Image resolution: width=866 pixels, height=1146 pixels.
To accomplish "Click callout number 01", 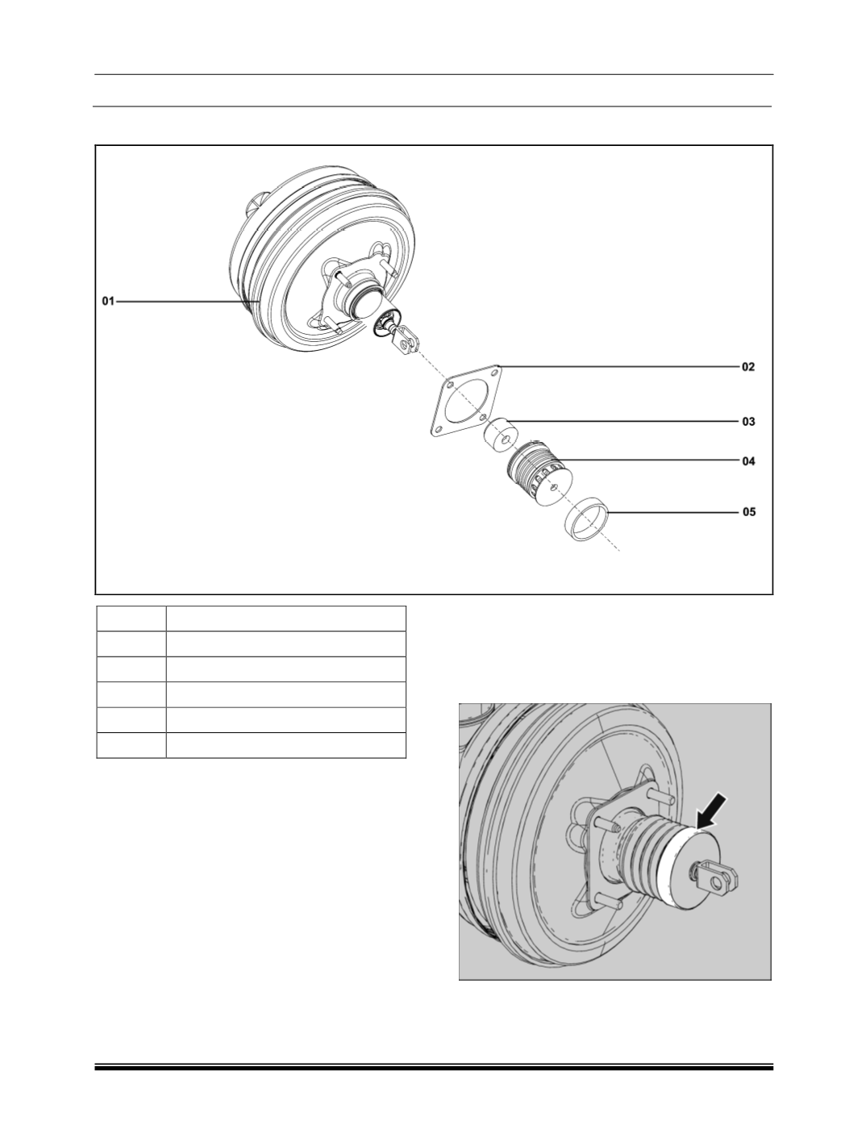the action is tap(108, 302).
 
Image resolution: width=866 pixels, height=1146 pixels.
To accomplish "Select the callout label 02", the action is tap(748, 367).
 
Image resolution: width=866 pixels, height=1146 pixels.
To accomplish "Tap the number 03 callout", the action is tap(748, 421).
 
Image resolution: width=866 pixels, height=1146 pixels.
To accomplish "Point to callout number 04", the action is tap(748, 461).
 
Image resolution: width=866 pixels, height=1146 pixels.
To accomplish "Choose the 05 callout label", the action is tap(748, 512).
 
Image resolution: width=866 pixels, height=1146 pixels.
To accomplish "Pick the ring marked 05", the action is tap(587, 519).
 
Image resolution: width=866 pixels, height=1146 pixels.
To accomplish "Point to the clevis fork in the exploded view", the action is tap(405, 340).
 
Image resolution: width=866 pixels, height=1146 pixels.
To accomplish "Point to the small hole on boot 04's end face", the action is tap(555, 486).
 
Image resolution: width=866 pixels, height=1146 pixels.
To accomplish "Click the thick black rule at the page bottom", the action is tap(433, 1069).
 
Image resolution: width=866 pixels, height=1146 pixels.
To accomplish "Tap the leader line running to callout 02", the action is tap(619, 367).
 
